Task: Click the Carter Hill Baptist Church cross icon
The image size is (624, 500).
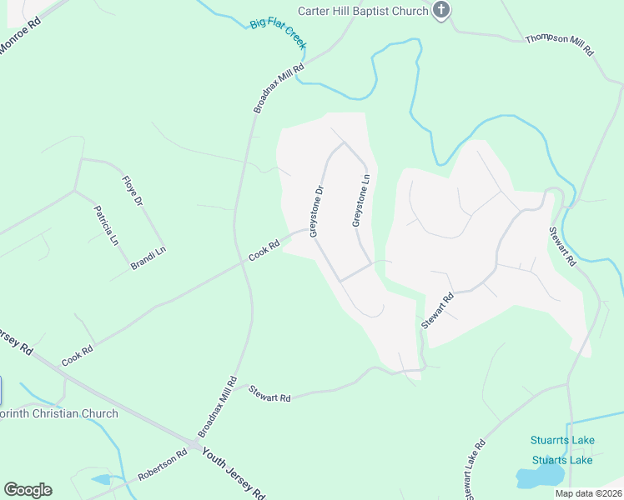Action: tap(442, 10)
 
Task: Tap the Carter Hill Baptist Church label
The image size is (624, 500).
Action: tap(363, 11)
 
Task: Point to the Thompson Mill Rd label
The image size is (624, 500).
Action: tap(559, 45)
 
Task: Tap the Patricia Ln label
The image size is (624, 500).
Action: tap(106, 226)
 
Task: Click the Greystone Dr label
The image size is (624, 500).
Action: tap(316, 211)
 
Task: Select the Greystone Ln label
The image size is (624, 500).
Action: tap(360, 200)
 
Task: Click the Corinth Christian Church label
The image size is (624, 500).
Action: tap(59, 414)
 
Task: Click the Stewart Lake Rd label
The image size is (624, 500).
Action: tap(468, 472)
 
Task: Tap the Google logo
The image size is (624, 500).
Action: tap(28, 490)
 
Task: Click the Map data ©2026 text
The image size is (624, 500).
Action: tap(587, 493)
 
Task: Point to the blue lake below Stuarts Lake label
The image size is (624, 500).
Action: tap(537, 477)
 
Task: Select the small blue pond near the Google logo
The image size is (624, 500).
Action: tap(100, 480)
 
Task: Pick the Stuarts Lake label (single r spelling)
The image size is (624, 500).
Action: tap(562, 460)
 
